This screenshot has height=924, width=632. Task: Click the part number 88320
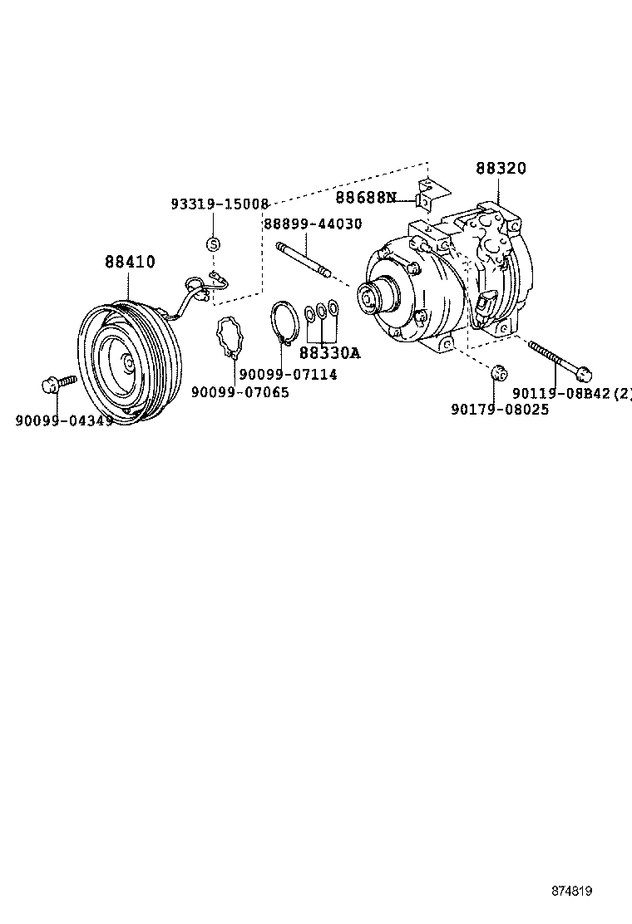[501, 169]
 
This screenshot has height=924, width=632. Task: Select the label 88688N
[365, 198]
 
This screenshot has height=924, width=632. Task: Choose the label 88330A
[329, 353]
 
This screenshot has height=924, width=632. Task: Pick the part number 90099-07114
[288, 375]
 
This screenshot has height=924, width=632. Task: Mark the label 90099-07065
[240, 392]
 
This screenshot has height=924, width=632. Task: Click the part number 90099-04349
[64, 420]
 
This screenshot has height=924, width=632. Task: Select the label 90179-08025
[500, 409]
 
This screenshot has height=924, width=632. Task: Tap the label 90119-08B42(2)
[572, 393]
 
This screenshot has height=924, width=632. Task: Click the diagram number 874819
[572, 891]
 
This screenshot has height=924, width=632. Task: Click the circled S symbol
[213, 243]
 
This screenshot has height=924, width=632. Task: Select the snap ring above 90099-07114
[284, 320]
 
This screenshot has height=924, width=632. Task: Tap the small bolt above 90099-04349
[57, 384]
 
